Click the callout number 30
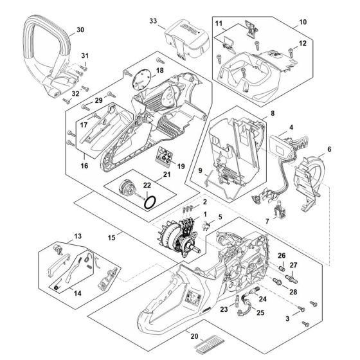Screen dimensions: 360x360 (80, 30)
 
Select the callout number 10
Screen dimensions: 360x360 (302, 22)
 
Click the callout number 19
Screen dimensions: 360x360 (180, 166)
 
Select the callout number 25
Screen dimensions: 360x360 (260, 312)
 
